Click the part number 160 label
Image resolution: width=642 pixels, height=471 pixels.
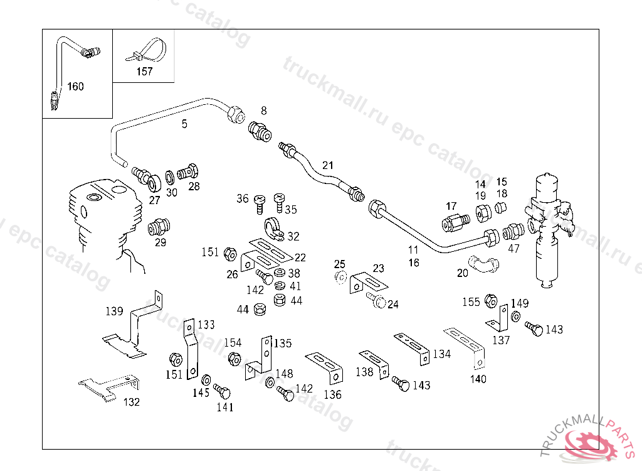point(75,87)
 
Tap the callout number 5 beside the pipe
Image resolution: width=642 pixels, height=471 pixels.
point(184,124)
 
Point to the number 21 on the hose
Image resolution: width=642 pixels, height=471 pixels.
point(328,166)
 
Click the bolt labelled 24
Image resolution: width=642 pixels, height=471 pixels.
point(377,301)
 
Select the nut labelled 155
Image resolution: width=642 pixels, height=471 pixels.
point(491,302)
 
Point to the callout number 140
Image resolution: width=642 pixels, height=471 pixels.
point(478,379)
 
